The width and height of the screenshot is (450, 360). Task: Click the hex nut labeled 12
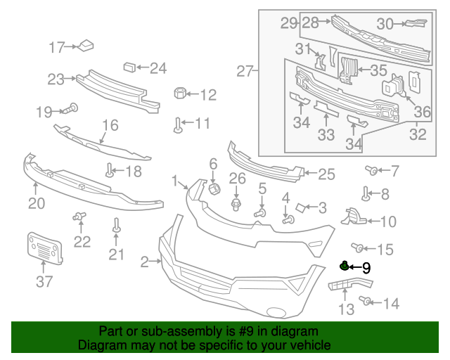(x=179, y=94)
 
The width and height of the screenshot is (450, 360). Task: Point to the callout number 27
(x=244, y=71)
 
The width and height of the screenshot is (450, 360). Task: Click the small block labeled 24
(x=129, y=67)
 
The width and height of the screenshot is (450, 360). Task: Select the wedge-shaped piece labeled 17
(x=87, y=46)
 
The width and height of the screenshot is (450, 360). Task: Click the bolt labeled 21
(x=116, y=225)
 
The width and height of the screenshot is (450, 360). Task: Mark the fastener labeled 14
(x=365, y=302)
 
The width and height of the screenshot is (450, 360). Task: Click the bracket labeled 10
(x=354, y=217)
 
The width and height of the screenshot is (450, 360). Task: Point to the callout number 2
(x=144, y=262)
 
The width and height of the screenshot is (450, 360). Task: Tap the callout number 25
(x=326, y=174)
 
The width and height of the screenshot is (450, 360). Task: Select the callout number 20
(x=36, y=204)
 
